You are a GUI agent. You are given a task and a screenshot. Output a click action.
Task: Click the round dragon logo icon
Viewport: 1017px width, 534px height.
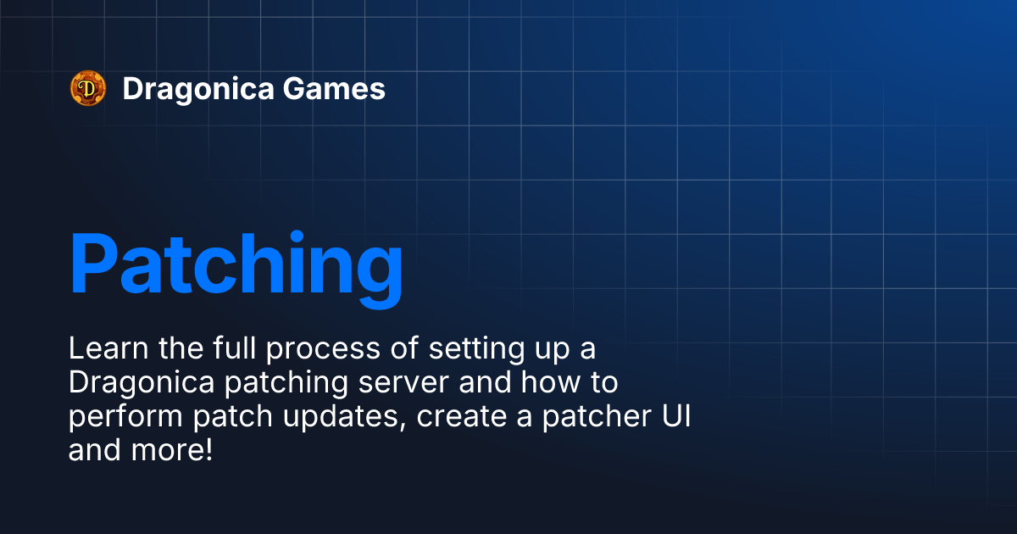coord(87,88)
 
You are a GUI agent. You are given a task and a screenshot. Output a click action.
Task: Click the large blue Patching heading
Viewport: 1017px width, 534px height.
coord(236,264)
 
